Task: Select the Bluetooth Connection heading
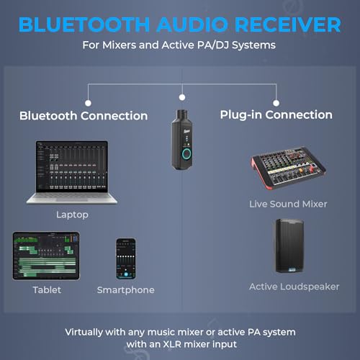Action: coord(84,116)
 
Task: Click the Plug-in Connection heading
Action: coord(276,114)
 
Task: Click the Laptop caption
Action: coord(72,215)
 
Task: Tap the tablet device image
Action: coord(46,256)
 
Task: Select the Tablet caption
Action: coord(47,290)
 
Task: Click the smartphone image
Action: coord(126,258)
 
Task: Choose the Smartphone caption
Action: coord(126,290)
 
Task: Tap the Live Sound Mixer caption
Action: coord(288,204)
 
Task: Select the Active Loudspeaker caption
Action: coord(294,287)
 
